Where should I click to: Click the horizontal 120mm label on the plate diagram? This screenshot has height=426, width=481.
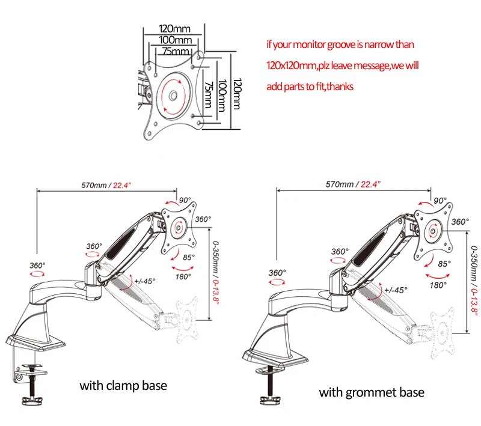173,28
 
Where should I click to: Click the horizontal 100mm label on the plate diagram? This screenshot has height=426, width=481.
174,40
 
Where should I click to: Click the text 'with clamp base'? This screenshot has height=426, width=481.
123,385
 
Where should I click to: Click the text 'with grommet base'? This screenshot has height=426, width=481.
371,392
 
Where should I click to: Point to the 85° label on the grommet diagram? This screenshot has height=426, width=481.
444,263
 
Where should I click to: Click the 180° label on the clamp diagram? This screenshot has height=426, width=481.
182,276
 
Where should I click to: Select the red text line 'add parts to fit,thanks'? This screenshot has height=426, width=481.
310,87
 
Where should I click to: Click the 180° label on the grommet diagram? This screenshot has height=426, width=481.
439,285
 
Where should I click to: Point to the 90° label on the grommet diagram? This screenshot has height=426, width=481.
440,201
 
